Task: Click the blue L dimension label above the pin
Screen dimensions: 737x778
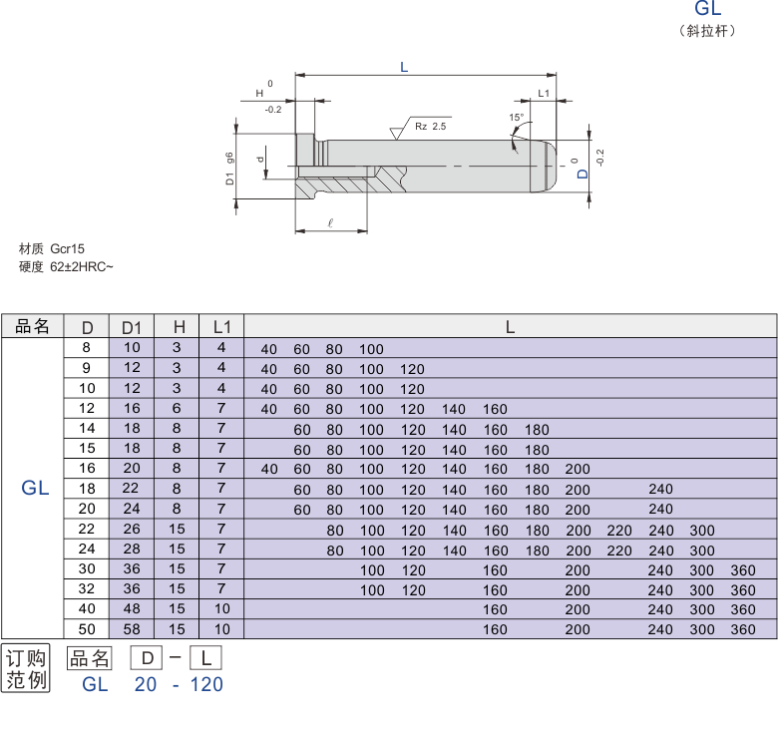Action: tap(403, 67)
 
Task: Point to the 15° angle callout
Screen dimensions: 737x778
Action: tap(516, 118)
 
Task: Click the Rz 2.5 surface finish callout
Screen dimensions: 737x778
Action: tap(431, 127)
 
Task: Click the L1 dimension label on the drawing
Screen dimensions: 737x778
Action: tap(543, 92)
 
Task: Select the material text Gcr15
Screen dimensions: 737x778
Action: tap(67, 248)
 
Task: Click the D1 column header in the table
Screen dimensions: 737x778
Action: tap(132, 327)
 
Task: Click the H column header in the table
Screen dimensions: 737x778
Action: tap(178, 327)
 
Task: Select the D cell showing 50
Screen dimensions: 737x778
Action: tap(87, 629)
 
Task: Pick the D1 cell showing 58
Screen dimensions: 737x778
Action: tap(132, 629)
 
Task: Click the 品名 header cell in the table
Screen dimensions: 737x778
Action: tap(32, 326)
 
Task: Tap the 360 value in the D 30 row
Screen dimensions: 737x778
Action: tap(743, 569)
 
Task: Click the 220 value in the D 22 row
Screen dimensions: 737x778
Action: tap(619, 530)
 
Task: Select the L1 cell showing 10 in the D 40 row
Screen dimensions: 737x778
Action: tap(221, 608)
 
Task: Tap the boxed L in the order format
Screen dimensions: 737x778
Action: tap(205, 659)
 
